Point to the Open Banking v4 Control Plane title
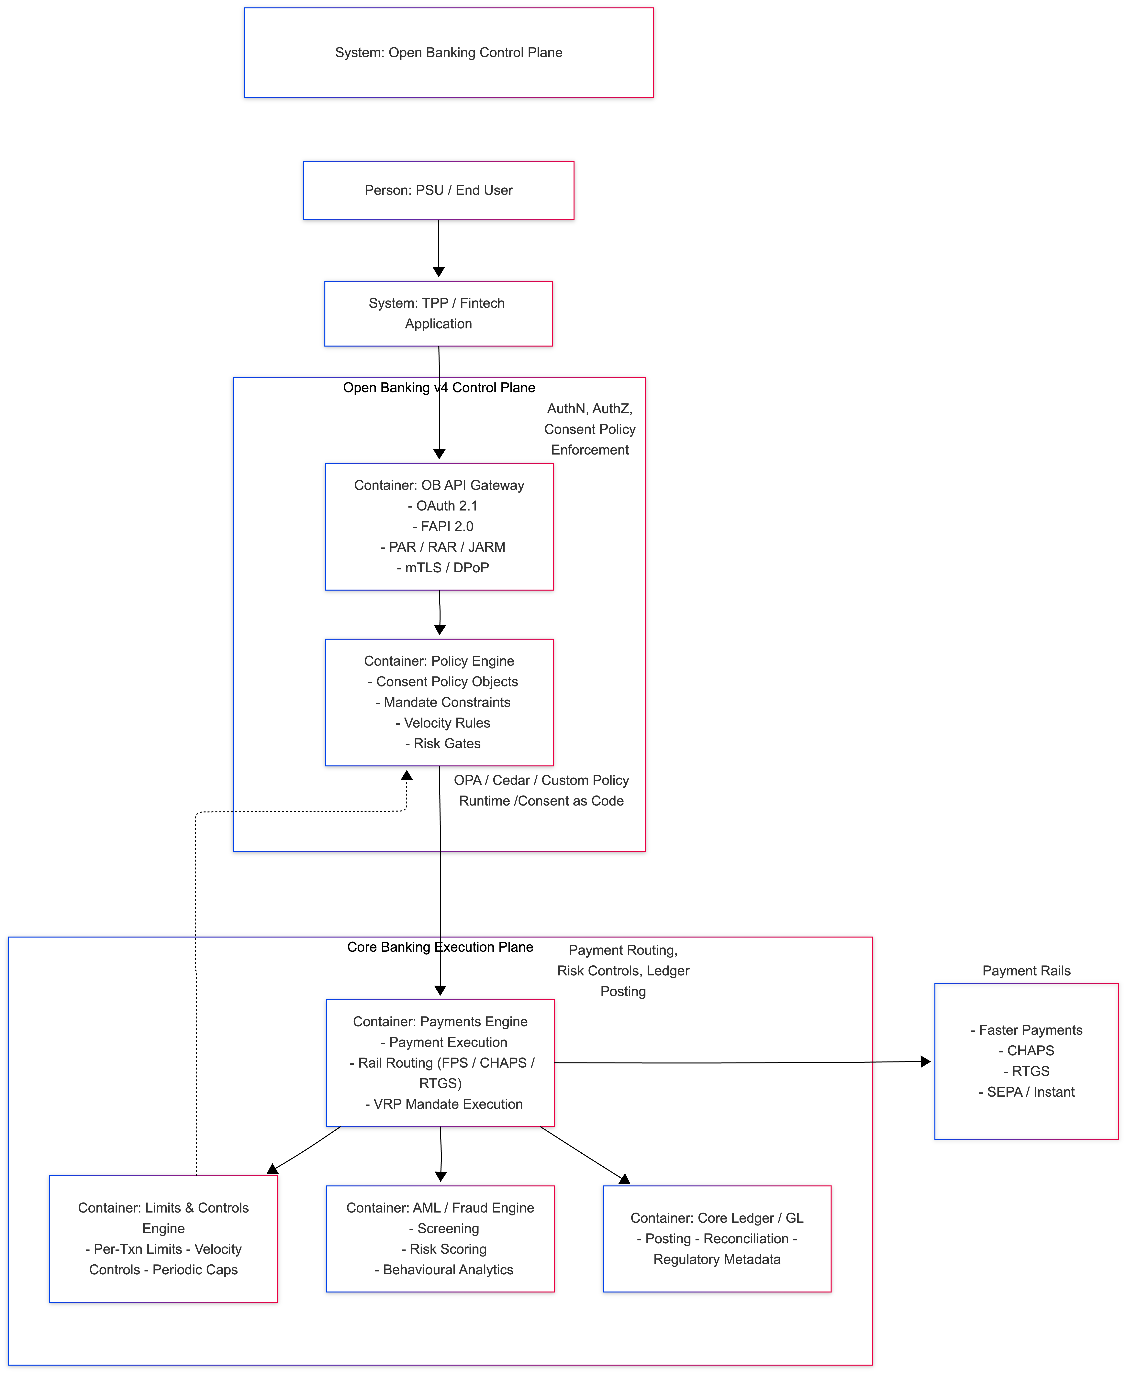pyautogui.click(x=439, y=387)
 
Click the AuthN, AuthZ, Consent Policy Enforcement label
pyautogui.click(x=589, y=429)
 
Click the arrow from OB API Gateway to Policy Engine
pyautogui.click(x=440, y=613)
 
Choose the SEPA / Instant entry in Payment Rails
pyautogui.click(x=1026, y=1092)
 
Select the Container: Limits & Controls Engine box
pyautogui.click(x=164, y=1238)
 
